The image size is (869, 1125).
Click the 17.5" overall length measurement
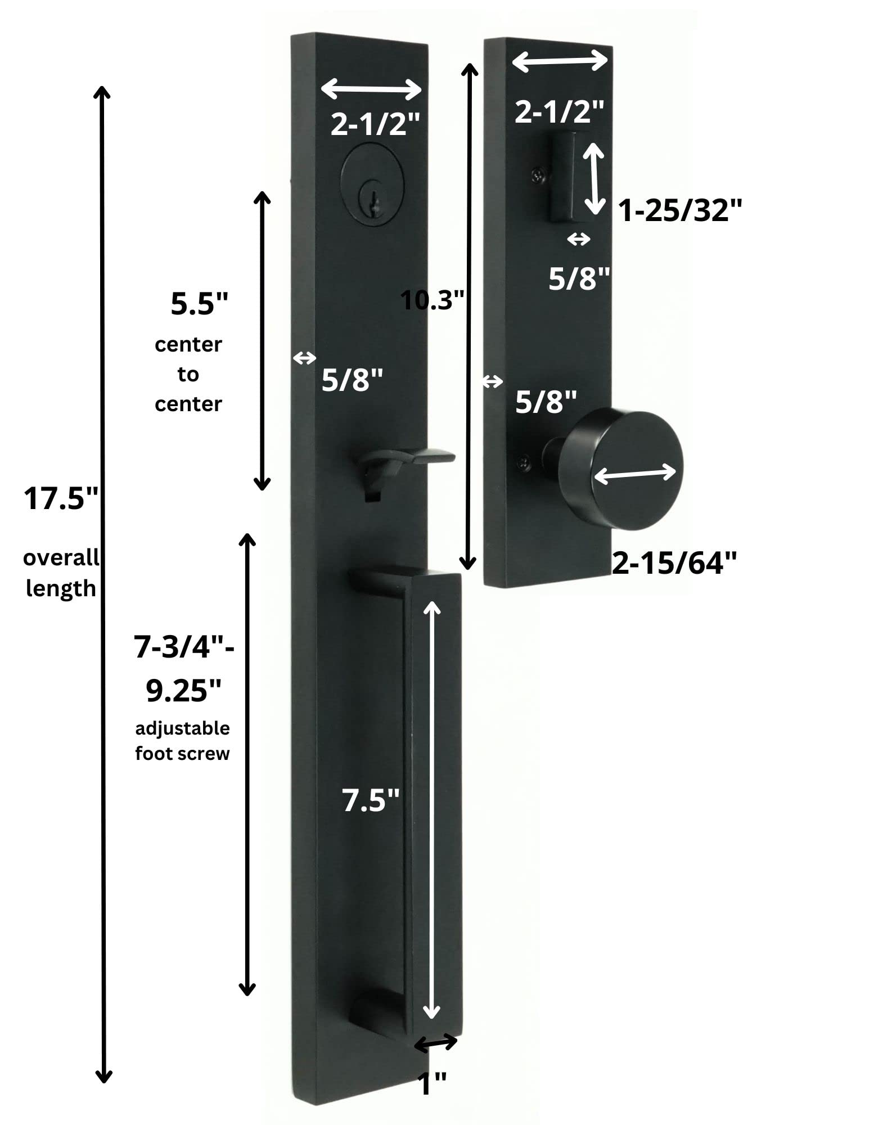tap(61, 498)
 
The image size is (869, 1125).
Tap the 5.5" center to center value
tap(200, 304)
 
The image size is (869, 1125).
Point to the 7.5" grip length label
tap(371, 800)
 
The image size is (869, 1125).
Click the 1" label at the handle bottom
tap(433, 1084)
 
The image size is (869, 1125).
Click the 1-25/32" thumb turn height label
tap(679, 211)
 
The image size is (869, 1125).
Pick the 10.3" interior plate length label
tap(433, 300)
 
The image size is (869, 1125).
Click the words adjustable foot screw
tap(182, 741)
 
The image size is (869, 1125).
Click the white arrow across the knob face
tap(634, 474)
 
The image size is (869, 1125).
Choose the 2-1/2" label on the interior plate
tap(559, 111)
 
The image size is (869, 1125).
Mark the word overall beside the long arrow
tap(61, 558)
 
